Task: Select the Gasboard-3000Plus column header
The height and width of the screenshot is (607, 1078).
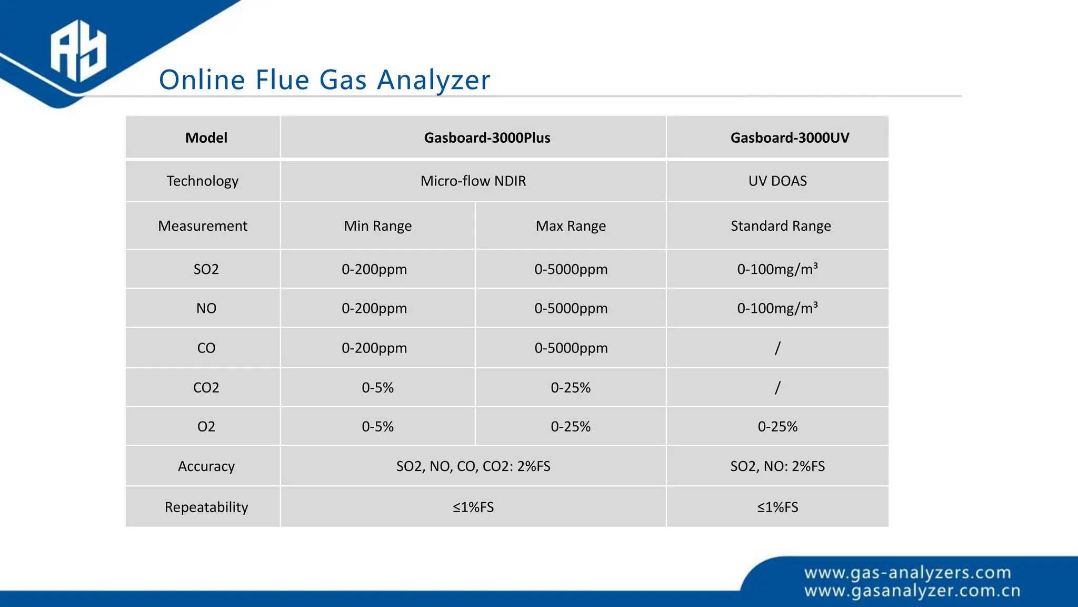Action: [487, 138]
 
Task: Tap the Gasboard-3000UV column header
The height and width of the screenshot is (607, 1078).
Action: [790, 138]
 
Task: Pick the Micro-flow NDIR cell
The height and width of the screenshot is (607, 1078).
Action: [473, 181]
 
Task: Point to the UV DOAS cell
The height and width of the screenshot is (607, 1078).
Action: [777, 181]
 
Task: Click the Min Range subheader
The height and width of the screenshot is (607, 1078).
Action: [377, 226]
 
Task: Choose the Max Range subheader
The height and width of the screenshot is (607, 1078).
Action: [571, 226]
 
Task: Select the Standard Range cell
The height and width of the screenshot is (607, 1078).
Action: [781, 226]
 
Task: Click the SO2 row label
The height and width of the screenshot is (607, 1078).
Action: [206, 269]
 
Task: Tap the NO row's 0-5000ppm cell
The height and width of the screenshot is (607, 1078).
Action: [571, 308]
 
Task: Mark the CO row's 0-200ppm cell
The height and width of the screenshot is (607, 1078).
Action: [374, 348]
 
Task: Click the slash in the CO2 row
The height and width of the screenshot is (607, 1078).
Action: [777, 388]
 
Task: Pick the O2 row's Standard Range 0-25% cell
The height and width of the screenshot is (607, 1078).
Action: [777, 427]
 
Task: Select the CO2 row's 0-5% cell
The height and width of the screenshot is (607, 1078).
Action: [377, 388]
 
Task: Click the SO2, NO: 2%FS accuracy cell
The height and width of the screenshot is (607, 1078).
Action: [777, 466]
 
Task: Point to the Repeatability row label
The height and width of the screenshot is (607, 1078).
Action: [206, 507]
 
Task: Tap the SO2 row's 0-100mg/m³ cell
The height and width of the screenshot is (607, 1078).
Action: [777, 269]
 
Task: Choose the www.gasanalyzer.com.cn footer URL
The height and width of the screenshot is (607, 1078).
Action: [912, 591]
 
